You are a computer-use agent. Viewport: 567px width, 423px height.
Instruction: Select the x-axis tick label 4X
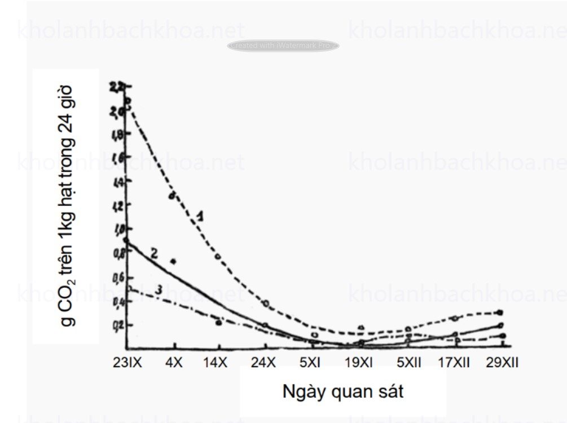pyautogui.click(x=174, y=363)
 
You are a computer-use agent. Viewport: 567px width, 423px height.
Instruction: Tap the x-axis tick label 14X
pyautogui.click(x=216, y=363)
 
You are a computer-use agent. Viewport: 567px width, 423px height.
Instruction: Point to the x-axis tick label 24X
pyautogui.click(x=263, y=363)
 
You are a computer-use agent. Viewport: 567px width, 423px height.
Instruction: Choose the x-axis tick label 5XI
pyautogui.click(x=310, y=363)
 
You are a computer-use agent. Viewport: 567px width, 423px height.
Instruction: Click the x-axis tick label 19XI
pyautogui.click(x=359, y=363)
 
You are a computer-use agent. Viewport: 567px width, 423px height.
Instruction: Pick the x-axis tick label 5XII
pyautogui.click(x=409, y=363)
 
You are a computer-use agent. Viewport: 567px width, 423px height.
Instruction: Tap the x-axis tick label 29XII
pyautogui.click(x=502, y=363)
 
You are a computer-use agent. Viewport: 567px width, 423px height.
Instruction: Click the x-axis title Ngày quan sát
pyautogui.click(x=343, y=391)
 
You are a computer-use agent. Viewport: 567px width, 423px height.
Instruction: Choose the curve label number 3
pyautogui.click(x=160, y=289)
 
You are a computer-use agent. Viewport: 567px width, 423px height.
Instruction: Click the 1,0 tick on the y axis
pyautogui.click(x=118, y=228)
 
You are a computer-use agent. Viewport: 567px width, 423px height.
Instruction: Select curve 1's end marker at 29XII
pyautogui.click(x=500, y=312)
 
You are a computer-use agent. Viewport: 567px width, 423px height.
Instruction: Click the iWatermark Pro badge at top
pyautogui.click(x=283, y=46)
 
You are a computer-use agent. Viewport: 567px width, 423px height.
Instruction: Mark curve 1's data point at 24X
pyautogui.click(x=266, y=304)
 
